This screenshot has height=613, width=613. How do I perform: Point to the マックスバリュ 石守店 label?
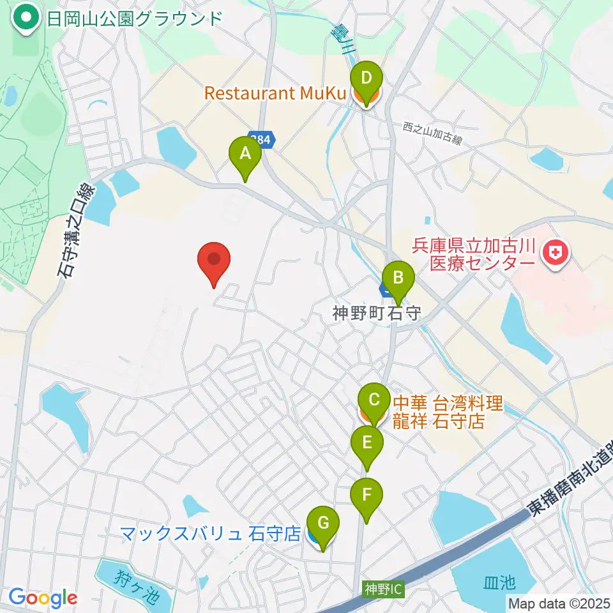pos(210,533)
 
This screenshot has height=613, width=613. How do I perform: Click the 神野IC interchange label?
pos(383,588)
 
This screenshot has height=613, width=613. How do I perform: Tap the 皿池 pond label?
pos(499,582)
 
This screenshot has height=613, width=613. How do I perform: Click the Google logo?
pos(43,598)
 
